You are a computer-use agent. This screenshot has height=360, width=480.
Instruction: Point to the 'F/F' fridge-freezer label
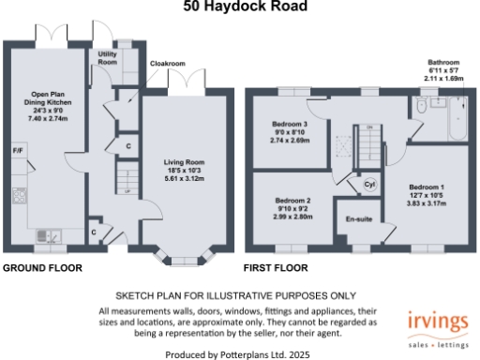pos(18,151)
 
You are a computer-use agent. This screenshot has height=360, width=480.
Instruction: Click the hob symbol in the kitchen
pos(18,196)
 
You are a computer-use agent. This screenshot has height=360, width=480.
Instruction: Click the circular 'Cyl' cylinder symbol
pos(368,185)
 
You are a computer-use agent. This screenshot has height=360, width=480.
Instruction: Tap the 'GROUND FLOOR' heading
pos(41,268)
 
